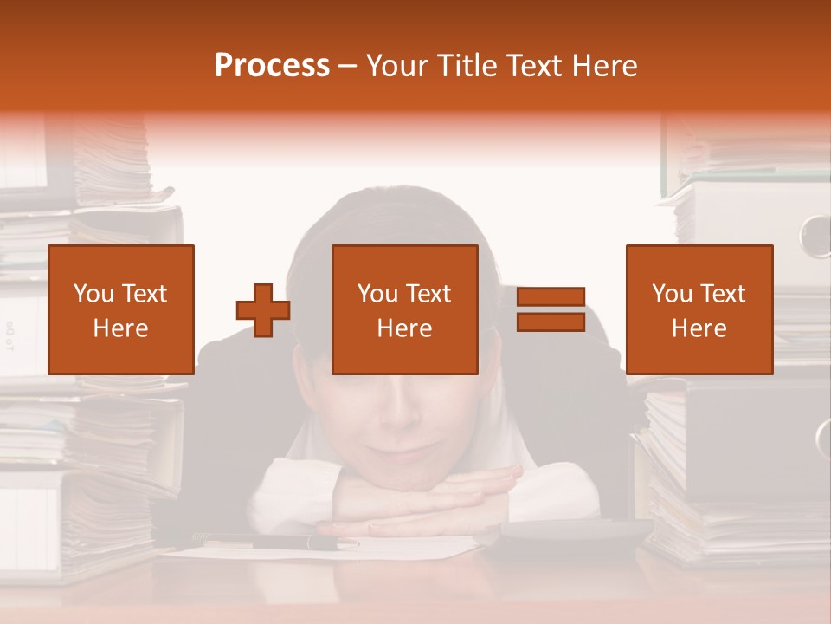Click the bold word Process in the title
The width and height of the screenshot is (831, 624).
pos(272,66)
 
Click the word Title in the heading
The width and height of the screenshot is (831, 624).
pos(466,66)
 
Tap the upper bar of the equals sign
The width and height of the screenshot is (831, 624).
pos(551,297)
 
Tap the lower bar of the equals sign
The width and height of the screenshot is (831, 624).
pos(551,322)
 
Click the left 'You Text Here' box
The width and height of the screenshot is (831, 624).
pos(121,309)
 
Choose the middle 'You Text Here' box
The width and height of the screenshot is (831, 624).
pos(405,309)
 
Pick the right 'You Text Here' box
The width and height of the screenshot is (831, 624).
pos(699,309)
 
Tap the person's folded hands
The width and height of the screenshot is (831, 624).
pos(415,498)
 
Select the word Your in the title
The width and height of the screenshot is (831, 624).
pos(396,66)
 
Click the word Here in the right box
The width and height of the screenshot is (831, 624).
pos(699,328)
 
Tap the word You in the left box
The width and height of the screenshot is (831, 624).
pos(93,294)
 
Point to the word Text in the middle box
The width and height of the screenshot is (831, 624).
pos(428,294)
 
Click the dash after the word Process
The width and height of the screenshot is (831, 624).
pos(348,67)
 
